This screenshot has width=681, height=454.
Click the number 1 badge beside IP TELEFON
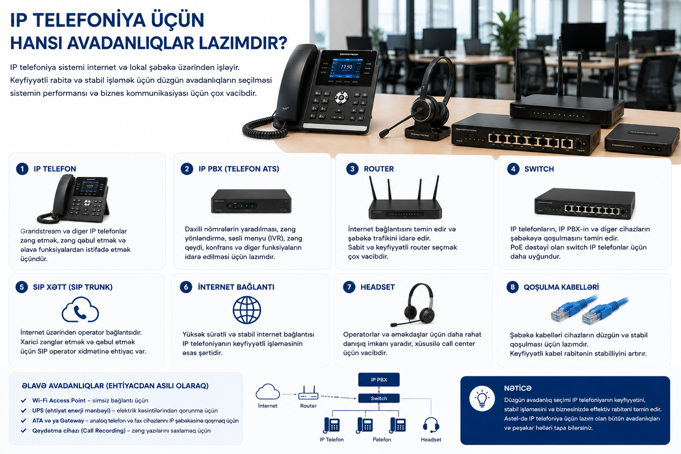[22, 169]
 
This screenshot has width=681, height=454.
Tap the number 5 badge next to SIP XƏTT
[22, 287]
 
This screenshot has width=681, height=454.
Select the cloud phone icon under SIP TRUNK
[80, 309]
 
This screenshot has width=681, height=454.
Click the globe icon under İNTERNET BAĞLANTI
[247, 310]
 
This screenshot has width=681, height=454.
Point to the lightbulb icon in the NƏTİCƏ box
[482, 399]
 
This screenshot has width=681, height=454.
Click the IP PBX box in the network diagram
[379, 380]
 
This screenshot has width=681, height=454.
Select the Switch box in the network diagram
[379, 398]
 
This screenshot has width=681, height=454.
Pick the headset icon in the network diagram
[431, 425]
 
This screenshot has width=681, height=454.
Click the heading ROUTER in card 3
[379, 169]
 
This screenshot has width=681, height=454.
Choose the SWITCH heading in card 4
[539, 169]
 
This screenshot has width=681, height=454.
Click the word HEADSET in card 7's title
[378, 287]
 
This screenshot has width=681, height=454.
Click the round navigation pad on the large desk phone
[342, 98]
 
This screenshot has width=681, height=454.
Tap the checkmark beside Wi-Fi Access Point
[23, 400]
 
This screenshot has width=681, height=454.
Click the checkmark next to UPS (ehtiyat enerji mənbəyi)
[23, 411]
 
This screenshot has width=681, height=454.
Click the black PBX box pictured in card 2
[251, 201]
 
